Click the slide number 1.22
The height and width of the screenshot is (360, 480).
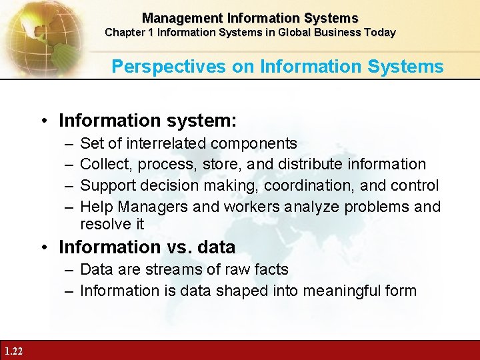coord(13,351)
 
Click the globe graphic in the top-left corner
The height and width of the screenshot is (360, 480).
coord(33,30)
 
